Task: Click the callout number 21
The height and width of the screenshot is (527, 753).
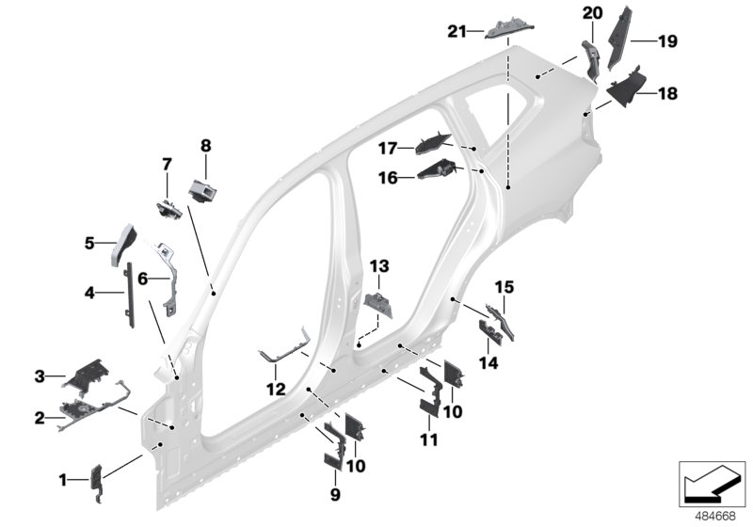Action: (457, 32)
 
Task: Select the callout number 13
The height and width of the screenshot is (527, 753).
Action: (377, 266)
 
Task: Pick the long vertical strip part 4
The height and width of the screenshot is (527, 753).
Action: (130, 293)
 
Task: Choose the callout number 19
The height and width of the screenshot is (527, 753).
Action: (667, 40)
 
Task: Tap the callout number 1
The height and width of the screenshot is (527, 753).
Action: (64, 480)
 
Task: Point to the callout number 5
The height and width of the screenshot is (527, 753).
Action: (90, 243)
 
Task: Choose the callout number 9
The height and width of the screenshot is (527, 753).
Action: (335, 494)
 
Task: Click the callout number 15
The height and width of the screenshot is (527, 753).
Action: (504, 286)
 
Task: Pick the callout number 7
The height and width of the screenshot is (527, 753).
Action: (167, 164)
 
